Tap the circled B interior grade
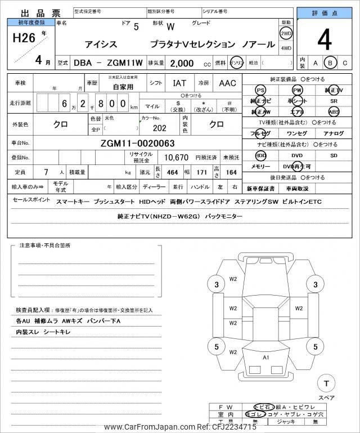pos(330,63)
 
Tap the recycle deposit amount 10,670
pos(175,157)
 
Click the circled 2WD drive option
pos(286,33)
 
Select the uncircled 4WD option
pos(286,48)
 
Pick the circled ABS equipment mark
pos(334,111)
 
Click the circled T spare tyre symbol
pos(325,383)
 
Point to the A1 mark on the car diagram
pos(265,358)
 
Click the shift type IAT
pos(180,83)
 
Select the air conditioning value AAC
pos(227,83)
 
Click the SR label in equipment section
pos(334,101)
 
